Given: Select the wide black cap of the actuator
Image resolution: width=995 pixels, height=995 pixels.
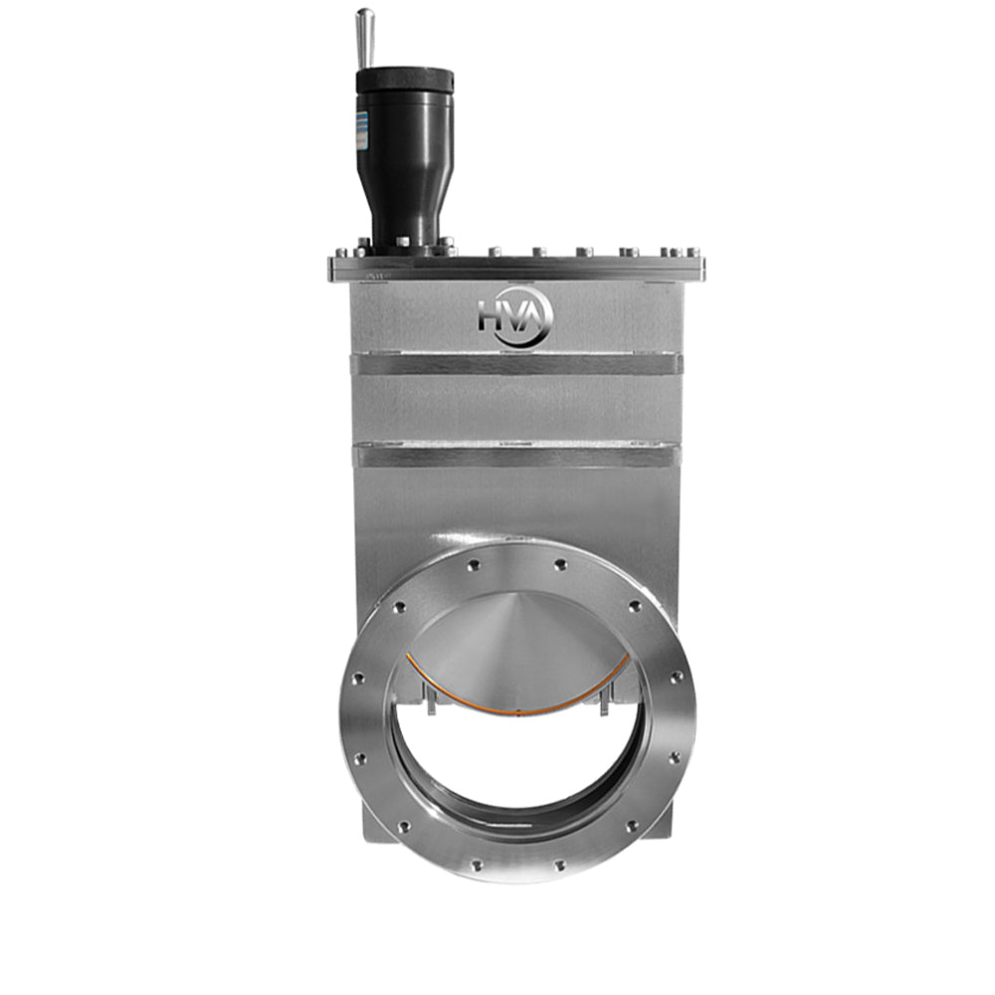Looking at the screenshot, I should (405, 80).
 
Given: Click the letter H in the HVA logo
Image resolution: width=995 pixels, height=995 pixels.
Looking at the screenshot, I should (493, 316).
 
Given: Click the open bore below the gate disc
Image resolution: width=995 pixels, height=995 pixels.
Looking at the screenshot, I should (517, 766).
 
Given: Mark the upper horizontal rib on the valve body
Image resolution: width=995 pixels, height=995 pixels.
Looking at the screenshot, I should (517, 364).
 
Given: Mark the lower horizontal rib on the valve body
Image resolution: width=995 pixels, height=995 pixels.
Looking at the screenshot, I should (517, 457).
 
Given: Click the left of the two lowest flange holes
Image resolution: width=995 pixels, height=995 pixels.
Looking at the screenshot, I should (476, 865).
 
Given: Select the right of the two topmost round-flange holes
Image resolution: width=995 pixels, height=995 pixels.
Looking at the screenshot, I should (561, 564).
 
